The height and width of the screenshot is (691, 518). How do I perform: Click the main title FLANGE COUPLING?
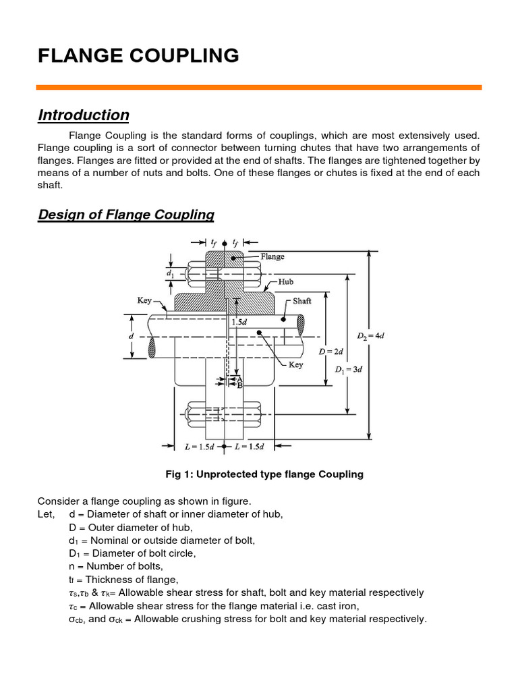click(138, 56)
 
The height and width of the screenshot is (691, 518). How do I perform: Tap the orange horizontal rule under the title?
click(259, 87)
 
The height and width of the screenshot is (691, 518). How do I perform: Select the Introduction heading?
click(84, 115)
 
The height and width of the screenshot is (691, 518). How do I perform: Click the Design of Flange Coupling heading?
click(126, 215)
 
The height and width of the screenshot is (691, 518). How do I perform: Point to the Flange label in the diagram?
click(272, 256)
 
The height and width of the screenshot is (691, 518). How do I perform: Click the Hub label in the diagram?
click(285, 281)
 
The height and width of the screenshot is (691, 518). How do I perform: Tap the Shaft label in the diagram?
click(302, 301)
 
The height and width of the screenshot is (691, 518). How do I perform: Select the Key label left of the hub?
click(145, 300)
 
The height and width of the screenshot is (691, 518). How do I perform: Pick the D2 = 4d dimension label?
click(370, 335)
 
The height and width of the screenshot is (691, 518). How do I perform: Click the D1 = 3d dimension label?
click(350, 369)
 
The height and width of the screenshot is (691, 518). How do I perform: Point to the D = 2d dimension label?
click(332, 351)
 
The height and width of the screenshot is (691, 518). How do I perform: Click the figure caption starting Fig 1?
click(264, 474)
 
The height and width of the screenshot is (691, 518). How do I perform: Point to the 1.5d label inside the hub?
click(240, 323)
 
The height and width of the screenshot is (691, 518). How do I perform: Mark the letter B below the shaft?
click(239, 385)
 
